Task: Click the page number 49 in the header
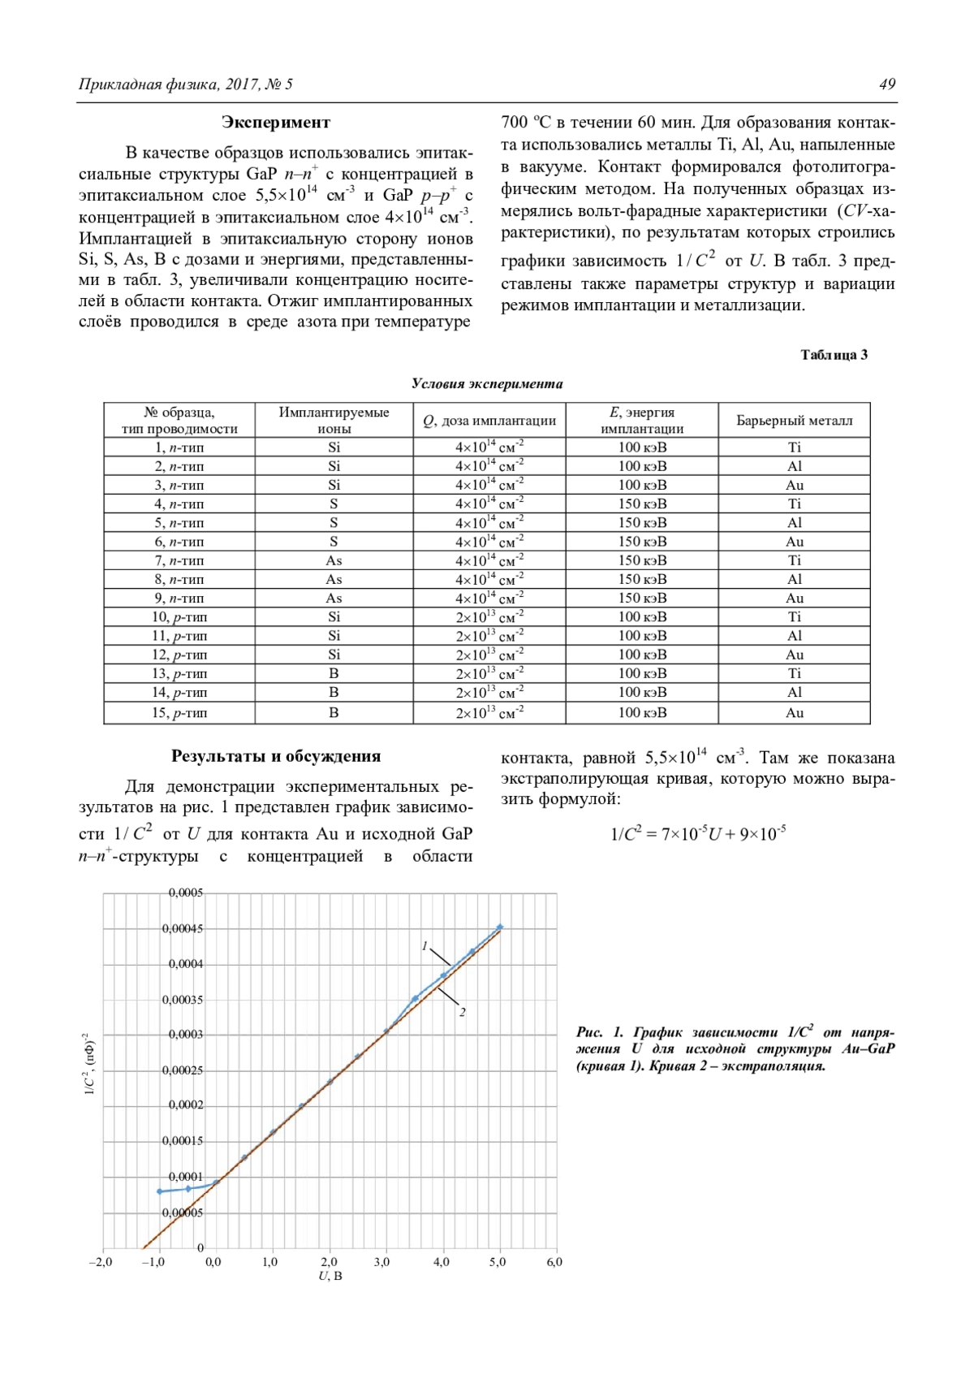pyautogui.click(x=887, y=84)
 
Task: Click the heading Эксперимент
pyautogui.click(x=276, y=123)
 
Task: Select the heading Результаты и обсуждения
pyautogui.click(x=276, y=756)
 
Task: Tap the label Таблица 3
pyautogui.click(x=834, y=355)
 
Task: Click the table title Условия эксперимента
pyautogui.click(x=487, y=384)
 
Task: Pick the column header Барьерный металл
pyautogui.click(x=794, y=421)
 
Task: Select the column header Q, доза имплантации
pyautogui.click(x=489, y=421)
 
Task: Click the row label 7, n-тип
pyautogui.click(x=179, y=560)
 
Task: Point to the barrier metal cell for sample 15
pyautogui.click(x=794, y=713)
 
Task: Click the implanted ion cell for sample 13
pyautogui.click(x=334, y=673)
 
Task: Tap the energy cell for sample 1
pyautogui.click(x=642, y=447)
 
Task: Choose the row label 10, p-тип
pyautogui.click(x=179, y=617)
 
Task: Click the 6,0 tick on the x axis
pyautogui.click(x=554, y=1262)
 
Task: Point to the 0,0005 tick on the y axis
pyautogui.click(x=185, y=893)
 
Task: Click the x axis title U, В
pyautogui.click(x=330, y=1276)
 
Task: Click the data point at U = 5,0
pyautogui.click(x=500, y=927)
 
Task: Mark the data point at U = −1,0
pyautogui.click(x=160, y=1191)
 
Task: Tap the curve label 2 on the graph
pyautogui.click(x=463, y=1013)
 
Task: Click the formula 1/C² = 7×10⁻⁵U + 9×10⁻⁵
pyautogui.click(x=697, y=834)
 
